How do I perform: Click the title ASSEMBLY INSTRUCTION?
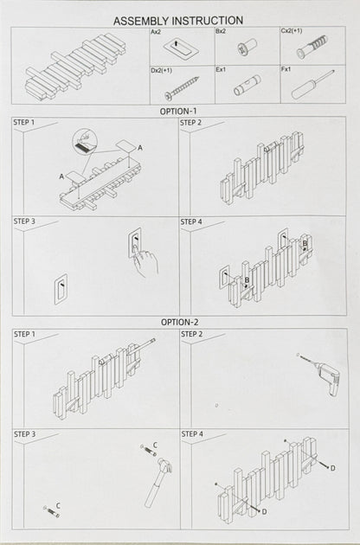[178, 20]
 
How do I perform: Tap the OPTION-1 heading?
[178, 111]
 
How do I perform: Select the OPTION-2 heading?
[179, 322]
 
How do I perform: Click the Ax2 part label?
[156, 31]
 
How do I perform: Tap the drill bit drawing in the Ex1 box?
[245, 87]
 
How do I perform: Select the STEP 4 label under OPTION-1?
[192, 221]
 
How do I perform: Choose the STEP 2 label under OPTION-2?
[192, 334]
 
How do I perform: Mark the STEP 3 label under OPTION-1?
[24, 221]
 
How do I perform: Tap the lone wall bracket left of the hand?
[61, 289]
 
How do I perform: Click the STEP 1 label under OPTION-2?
[24, 334]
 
